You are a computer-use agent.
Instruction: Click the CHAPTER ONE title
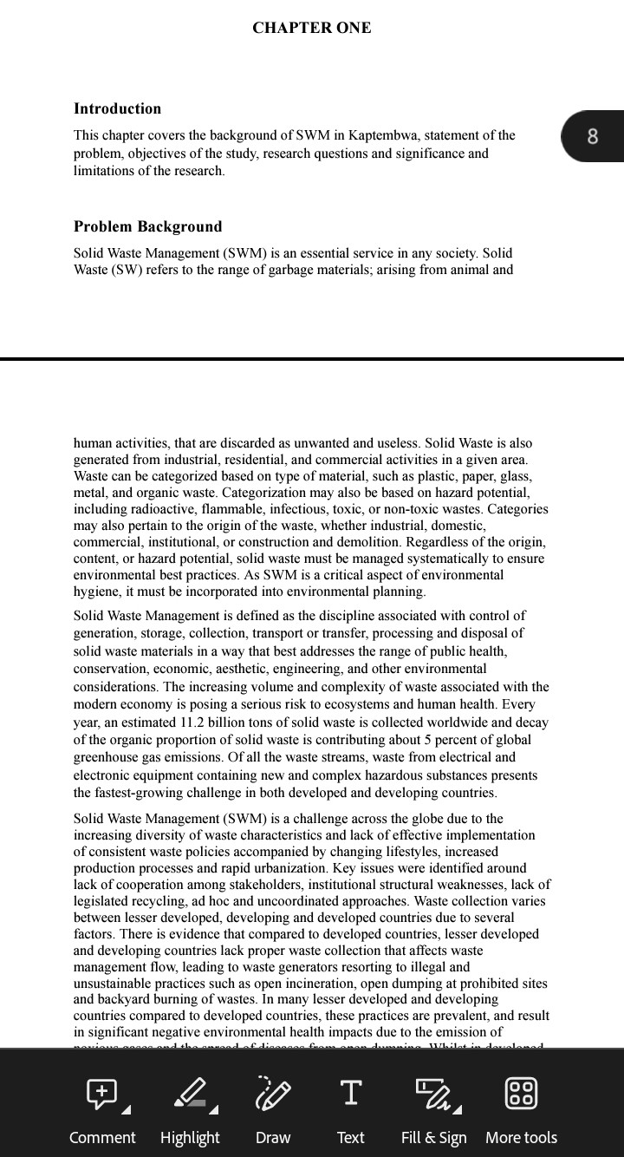click(312, 28)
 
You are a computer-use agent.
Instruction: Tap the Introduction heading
click(117, 108)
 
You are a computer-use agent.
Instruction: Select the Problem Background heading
click(147, 226)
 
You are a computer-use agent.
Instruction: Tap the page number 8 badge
click(593, 136)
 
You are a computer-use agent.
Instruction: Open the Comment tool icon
click(101, 1093)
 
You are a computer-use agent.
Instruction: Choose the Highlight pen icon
click(191, 1093)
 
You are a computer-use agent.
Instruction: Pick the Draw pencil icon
click(273, 1093)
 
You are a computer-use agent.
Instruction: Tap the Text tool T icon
click(350, 1093)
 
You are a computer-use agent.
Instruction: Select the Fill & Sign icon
click(432, 1093)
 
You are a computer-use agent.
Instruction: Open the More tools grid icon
click(521, 1093)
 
